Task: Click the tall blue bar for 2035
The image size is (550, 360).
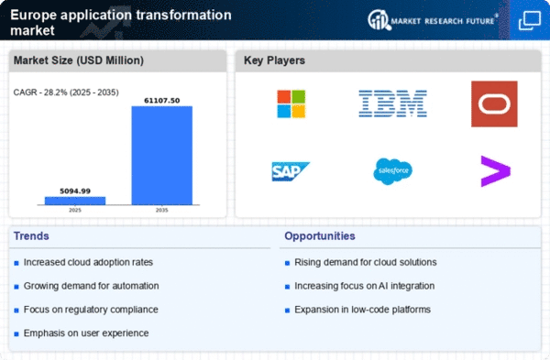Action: tap(161, 156)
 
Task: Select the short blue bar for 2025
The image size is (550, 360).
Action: tap(75, 201)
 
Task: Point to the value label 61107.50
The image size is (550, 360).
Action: tap(161, 101)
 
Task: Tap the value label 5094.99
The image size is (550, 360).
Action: tap(75, 191)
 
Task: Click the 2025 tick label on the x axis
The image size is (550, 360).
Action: tap(75, 211)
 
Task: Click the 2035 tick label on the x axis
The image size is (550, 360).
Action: tap(161, 211)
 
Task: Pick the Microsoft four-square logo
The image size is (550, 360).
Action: tap(291, 104)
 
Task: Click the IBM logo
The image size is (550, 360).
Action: tap(392, 104)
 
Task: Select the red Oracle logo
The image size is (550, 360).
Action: tap(494, 104)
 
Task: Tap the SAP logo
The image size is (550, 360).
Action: tap(291, 171)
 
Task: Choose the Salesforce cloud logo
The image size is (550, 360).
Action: tap(392, 171)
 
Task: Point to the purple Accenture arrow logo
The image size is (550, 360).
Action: tap(495, 171)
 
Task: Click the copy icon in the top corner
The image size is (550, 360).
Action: tap(529, 20)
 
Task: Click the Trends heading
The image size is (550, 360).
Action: tap(31, 236)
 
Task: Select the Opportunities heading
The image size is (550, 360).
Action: tap(320, 236)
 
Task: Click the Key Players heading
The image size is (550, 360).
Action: tap(274, 60)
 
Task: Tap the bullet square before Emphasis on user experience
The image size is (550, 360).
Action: tap(16, 334)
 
